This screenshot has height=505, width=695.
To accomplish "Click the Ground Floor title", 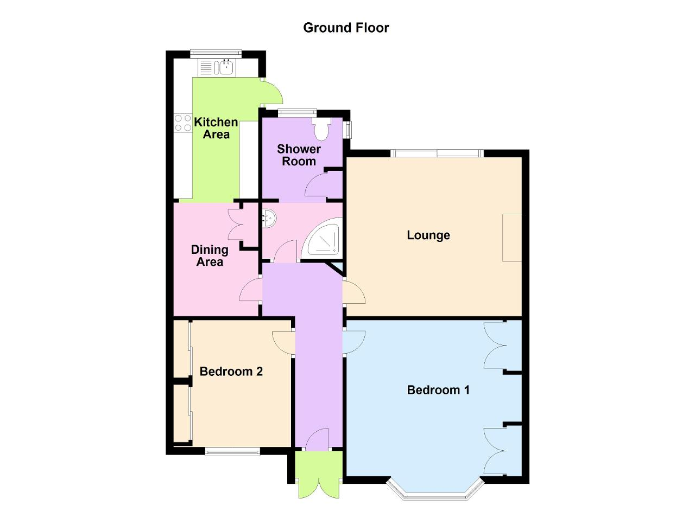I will pyautogui.click(x=346, y=28).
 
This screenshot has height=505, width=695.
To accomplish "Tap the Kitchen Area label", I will pyautogui.click(x=216, y=128).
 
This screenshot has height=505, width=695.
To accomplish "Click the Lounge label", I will pyautogui.click(x=428, y=235).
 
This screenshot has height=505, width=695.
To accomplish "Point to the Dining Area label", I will pyautogui.click(x=210, y=255).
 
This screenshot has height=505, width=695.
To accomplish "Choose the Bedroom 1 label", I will pyautogui.click(x=438, y=390).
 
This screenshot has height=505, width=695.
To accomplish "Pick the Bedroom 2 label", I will pyautogui.click(x=231, y=372).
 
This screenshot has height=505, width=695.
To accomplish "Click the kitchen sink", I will pyautogui.click(x=224, y=67).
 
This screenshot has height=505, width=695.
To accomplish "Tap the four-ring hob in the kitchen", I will pyautogui.click(x=182, y=123).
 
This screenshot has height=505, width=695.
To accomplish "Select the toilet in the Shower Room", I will pyautogui.click(x=321, y=129).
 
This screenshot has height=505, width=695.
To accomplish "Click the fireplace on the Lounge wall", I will pyautogui.click(x=511, y=237).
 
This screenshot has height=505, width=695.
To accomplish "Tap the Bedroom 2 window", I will pyautogui.click(x=232, y=450).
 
